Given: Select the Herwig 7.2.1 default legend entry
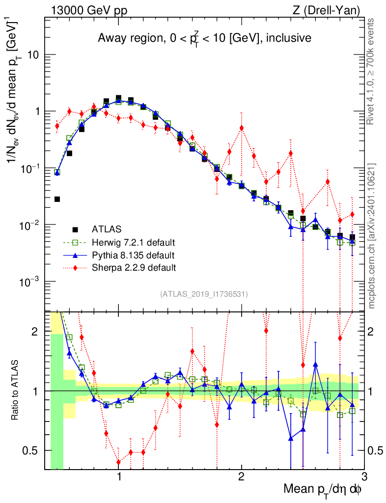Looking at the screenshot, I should pyautogui.click(x=133, y=243).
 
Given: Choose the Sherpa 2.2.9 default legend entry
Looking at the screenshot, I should pyautogui.click(x=134, y=268).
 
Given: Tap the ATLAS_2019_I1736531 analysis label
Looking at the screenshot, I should pyautogui.click(x=204, y=294).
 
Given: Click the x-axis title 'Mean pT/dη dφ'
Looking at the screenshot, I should pyautogui.click(x=324, y=489).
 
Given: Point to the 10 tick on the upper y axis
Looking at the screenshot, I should pyautogui.click(x=33, y=55).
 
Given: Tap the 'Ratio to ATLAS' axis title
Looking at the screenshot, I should pyautogui.click(x=16, y=391).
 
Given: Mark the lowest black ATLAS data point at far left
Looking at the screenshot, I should pyautogui.click(x=57, y=199).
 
